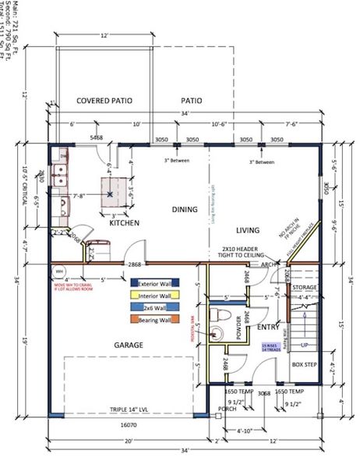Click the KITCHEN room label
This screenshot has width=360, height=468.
(x=124, y=223)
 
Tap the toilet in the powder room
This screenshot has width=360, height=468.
(x=220, y=318)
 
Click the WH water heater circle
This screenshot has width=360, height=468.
(x=58, y=271)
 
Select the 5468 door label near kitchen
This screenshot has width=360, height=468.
(x=96, y=137)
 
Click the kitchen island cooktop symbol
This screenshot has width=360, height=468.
(x=112, y=189)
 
